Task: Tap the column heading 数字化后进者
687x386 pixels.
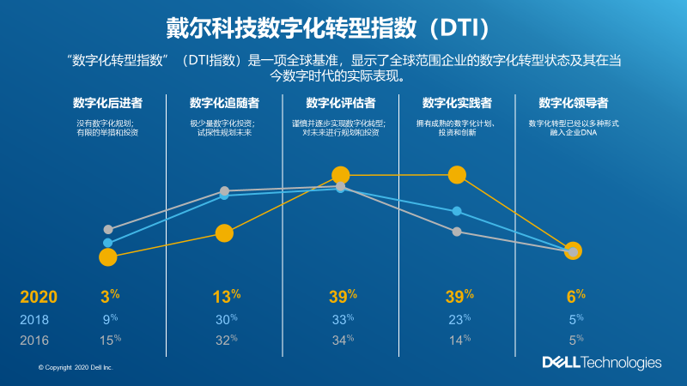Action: click(x=107, y=103)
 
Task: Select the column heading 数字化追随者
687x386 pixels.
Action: click(x=224, y=103)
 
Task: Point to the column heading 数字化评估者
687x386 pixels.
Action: click(x=341, y=103)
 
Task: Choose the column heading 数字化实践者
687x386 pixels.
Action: click(x=457, y=103)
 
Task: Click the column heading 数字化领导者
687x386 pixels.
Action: click(x=574, y=103)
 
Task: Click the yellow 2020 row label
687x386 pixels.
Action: click(x=39, y=298)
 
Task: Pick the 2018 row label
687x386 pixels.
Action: click(x=34, y=320)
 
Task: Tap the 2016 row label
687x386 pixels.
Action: click(x=34, y=341)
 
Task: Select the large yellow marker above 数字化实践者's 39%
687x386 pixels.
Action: click(x=457, y=175)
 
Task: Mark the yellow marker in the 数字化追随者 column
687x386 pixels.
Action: click(x=224, y=233)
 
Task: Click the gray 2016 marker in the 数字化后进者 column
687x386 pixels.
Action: click(x=108, y=229)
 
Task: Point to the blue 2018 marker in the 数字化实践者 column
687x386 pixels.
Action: click(x=457, y=211)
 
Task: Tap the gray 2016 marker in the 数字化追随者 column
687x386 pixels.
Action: click(x=224, y=190)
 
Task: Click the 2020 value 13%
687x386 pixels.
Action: click(x=225, y=298)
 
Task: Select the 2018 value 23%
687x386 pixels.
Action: click(x=457, y=320)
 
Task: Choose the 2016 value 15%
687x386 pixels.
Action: click(x=108, y=341)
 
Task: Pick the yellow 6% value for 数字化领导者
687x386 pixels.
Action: click(x=575, y=298)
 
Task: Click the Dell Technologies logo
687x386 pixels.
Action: click(x=601, y=363)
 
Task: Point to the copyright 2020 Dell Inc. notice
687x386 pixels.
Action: click(x=76, y=367)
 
